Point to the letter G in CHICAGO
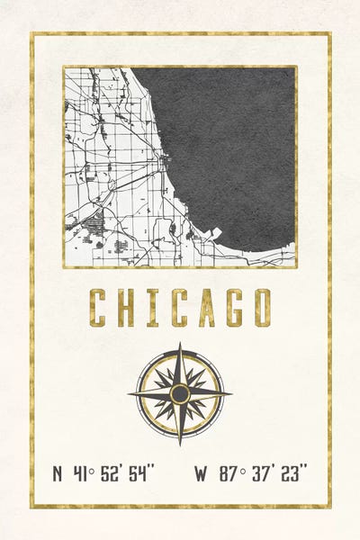234,307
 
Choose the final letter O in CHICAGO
261,307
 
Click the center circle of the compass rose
180,393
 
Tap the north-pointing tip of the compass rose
180,344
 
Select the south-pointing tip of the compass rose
180,444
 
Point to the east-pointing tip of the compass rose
230,393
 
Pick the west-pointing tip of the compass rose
130,393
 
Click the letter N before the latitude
58,473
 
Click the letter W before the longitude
202,473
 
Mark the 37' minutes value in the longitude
262,472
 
